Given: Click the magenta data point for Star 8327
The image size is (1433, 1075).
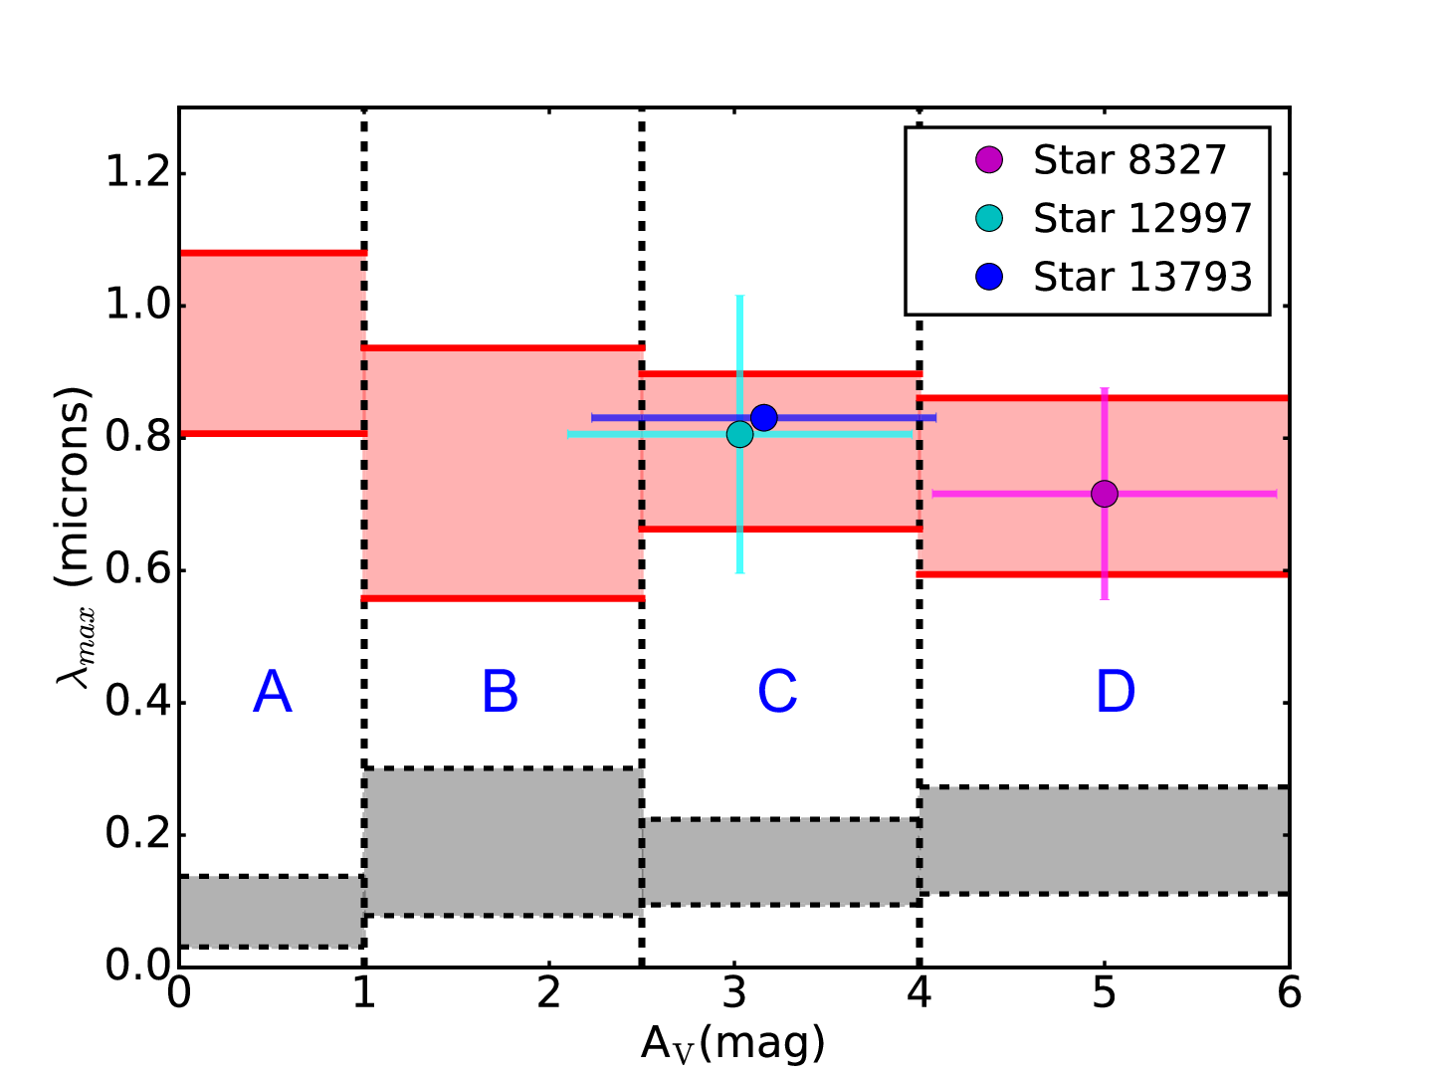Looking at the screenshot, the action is [1104, 494].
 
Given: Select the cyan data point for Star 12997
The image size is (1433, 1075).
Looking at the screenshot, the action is [739, 434].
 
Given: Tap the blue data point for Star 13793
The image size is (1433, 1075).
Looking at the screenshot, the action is [764, 417].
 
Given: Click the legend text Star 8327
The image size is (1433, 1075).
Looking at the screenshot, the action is [1129, 160].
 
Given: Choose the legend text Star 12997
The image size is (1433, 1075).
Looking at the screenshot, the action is [1142, 219].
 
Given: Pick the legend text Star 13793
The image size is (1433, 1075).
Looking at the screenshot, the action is [1142, 278].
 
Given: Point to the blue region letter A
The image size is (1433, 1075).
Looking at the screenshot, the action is [273, 692].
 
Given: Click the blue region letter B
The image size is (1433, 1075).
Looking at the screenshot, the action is [501, 692].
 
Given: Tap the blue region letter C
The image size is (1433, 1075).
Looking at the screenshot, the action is [777, 692].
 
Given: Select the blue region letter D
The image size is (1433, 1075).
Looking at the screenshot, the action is [1116, 692].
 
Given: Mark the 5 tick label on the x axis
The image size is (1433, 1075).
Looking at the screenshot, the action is [1104, 993].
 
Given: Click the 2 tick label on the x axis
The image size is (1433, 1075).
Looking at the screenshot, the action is [549, 993].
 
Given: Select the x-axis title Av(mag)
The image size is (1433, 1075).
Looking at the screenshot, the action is [733, 1043].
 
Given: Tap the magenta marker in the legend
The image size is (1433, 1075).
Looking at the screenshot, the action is [989, 160].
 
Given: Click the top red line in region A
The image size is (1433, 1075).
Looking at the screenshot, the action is [273, 253].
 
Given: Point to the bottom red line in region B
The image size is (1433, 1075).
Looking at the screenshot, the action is [504, 598].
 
